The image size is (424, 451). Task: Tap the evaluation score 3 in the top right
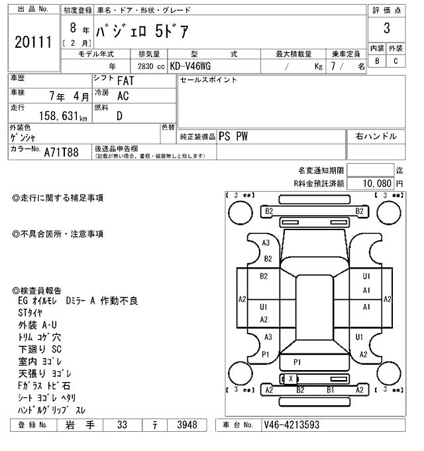click(386, 29)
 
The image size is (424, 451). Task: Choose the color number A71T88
click(61, 153)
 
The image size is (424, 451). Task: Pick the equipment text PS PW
click(234, 136)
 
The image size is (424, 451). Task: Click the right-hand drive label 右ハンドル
click(376, 136)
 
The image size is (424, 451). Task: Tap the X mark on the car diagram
click(290, 378)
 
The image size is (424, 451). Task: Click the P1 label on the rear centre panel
click(297, 362)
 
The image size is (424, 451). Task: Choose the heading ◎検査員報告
click(38, 290)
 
